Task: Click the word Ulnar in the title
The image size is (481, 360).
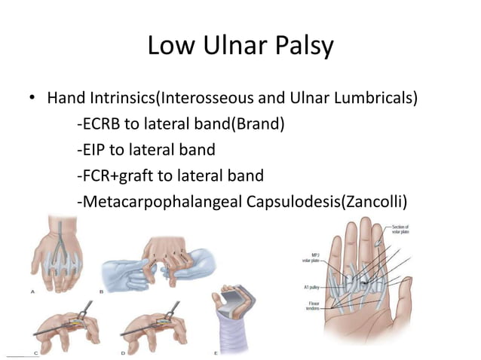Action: [x=239, y=47]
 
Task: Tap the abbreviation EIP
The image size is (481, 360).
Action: [x=93, y=151]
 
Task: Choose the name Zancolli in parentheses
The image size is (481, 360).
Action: [x=378, y=202]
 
